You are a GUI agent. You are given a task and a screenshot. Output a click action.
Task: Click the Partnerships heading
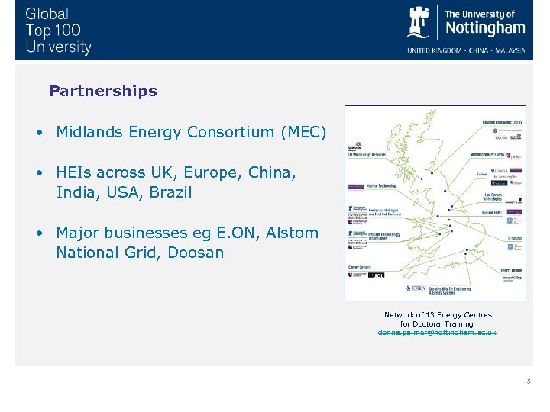pos(103,91)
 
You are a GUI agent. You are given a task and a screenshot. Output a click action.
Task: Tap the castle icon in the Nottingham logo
pos(419,22)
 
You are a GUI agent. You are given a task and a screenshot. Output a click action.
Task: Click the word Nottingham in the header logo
pos(484,28)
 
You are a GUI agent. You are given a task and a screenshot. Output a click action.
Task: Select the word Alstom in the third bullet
pos(292,233)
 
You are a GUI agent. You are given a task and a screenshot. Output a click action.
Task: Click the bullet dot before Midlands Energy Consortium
pos(37,132)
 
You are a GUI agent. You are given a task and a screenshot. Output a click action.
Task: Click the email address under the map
pos(438,333)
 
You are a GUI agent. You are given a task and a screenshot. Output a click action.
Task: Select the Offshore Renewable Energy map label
pos(502,121)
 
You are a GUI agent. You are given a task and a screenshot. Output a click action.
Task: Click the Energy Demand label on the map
pos(359,267)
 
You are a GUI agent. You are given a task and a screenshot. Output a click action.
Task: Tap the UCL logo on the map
pos(377,275)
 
